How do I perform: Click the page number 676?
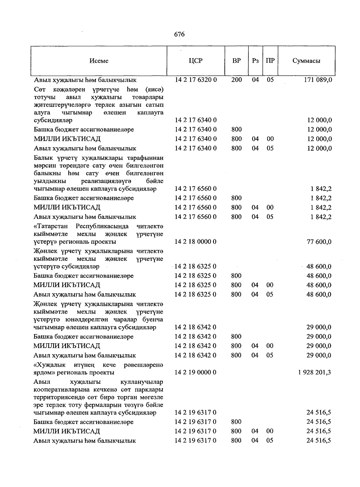[179, 34]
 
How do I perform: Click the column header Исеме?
[99, 61]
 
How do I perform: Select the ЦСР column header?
[196, 61]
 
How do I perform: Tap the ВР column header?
[236, 61]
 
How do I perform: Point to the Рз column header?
[255, 61]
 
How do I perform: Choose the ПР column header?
[270, 61]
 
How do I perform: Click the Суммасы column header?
[306, 61]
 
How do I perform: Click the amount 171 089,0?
[318, 80]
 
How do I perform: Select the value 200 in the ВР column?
[236, 80]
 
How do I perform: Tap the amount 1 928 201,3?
[315, 372]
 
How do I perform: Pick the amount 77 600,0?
[319, 242]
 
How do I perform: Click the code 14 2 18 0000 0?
[196, 242]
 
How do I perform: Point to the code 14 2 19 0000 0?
[196, 372]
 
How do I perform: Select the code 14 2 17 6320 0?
[196, 80]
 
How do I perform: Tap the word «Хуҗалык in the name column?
[50, 365]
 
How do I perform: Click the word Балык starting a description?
[42, 158]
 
